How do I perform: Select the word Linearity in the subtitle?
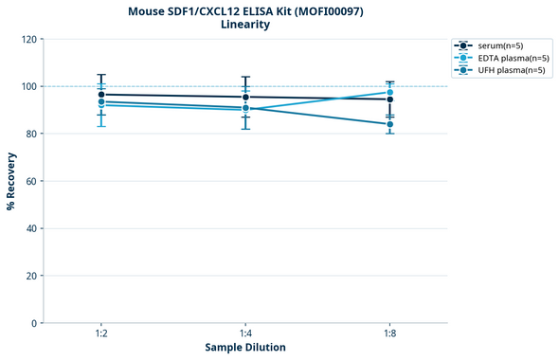[x=245, y=25]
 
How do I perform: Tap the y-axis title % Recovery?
[x=11, y=180]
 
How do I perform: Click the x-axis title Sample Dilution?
[x=245, y=348]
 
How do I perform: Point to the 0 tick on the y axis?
[x=34, y=323]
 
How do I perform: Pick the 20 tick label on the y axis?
[x=31, y=276]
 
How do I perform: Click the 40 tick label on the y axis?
[x=31, y=228]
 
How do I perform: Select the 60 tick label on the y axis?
[x=31, y=181]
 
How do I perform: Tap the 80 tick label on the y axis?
[x=31, y=134]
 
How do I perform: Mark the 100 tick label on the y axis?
[x=28, y=86]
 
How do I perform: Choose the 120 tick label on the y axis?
[x=28, y=39]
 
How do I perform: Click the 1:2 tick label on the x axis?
[x=101, y=333]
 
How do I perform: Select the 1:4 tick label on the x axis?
[x=245, y=333]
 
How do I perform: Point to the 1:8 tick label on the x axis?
[x=389, y=333]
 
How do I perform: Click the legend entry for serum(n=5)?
[x=499, y=45]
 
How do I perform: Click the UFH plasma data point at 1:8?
[x=389, y=124]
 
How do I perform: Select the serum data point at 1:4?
[x=245, y=97]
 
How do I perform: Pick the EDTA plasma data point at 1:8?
[x=389, y=93]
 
